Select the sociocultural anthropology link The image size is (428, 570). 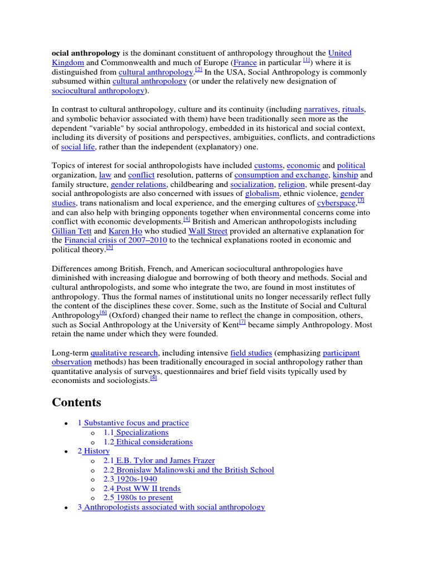point(98,90)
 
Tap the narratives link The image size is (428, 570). point(320,109)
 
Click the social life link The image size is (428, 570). point(77,147)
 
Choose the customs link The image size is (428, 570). point(268,165)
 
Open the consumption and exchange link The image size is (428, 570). point(281,175)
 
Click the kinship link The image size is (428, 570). point(345,175)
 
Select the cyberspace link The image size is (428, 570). point(336,203)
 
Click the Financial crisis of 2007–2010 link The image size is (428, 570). point(115,240)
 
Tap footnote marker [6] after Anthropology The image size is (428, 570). point(103,313)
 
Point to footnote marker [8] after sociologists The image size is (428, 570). point(154,379)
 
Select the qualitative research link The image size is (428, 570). point(124,353)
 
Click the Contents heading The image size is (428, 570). point(77,402)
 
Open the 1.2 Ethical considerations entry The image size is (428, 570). point(148,442)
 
